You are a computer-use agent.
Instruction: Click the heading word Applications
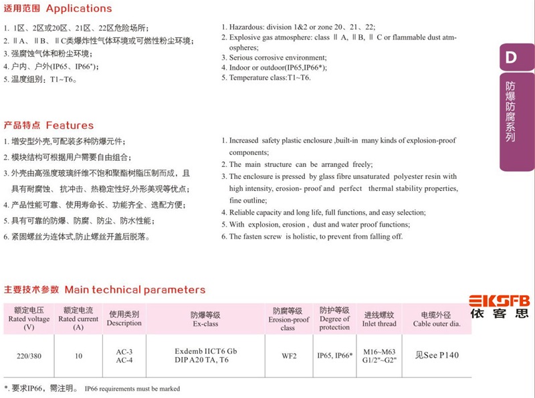click(79, 9)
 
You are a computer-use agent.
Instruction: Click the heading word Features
click(70, 126)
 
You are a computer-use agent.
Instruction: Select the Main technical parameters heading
click(134, 290)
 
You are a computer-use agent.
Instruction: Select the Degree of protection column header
click(334, 319)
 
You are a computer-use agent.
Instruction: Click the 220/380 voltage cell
click(29, 356)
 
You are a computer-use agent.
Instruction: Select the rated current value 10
click(79, 356)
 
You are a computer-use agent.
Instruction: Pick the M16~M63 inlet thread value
click(379, 351)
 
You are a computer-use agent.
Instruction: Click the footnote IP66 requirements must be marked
click(132, 388)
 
